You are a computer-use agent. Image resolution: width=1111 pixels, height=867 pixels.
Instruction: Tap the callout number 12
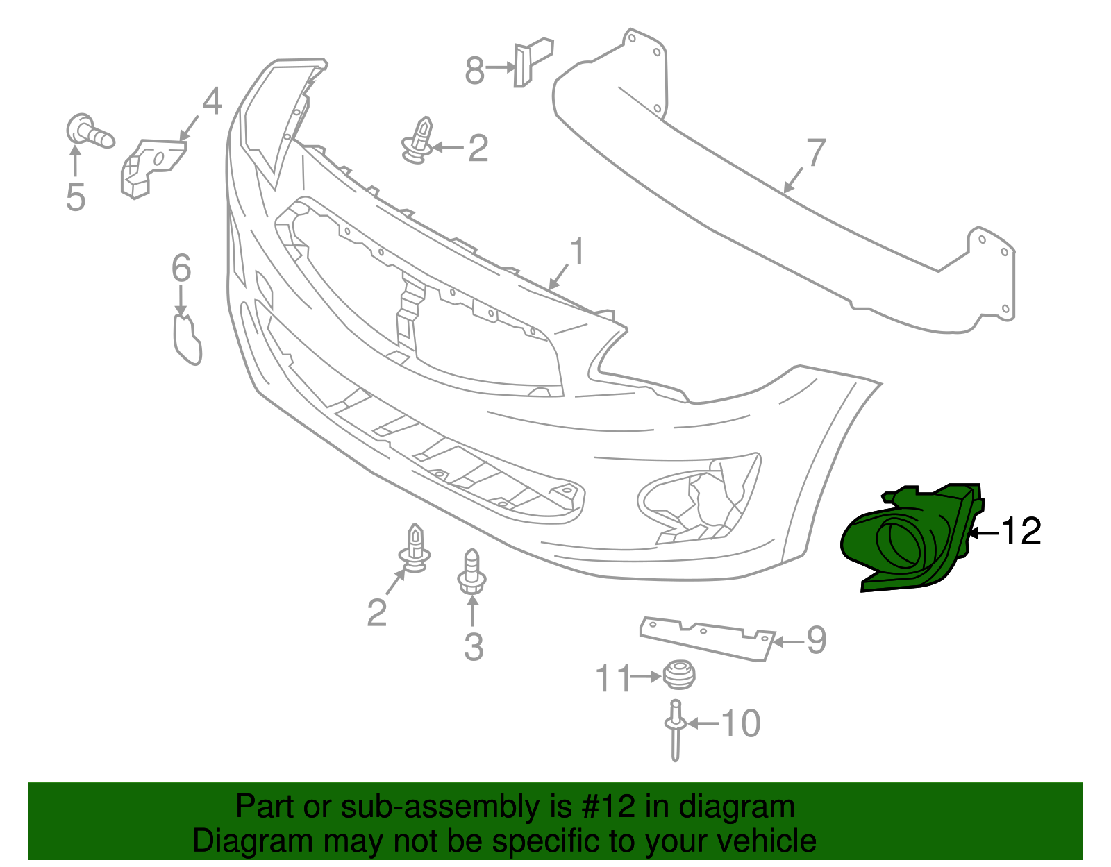[x=1021, y=532]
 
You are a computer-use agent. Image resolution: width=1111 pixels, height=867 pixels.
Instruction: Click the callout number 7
[x=816, y=153]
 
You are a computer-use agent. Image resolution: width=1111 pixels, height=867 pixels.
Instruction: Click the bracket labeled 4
[x=151, y=167]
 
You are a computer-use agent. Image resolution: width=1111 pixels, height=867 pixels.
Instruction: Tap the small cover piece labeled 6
[x=186, y=340]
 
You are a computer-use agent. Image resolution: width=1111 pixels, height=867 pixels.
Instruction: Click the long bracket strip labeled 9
[x=705, y=637]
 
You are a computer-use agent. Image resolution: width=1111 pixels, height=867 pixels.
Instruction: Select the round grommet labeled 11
[x=679, y=675]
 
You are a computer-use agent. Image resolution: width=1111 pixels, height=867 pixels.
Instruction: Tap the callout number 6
[x=181, y=269]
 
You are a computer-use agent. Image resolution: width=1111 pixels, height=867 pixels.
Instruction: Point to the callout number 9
[x=816, y=640]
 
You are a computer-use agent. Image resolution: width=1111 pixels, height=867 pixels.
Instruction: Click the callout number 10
[x=742, y=724]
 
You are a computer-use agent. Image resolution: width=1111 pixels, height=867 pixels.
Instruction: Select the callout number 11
[x=614, y=678]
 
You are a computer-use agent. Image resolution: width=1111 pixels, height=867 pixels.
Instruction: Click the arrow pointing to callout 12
[x=983, y=533]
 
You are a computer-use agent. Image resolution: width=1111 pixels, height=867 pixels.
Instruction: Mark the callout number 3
[x=473, y=647]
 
